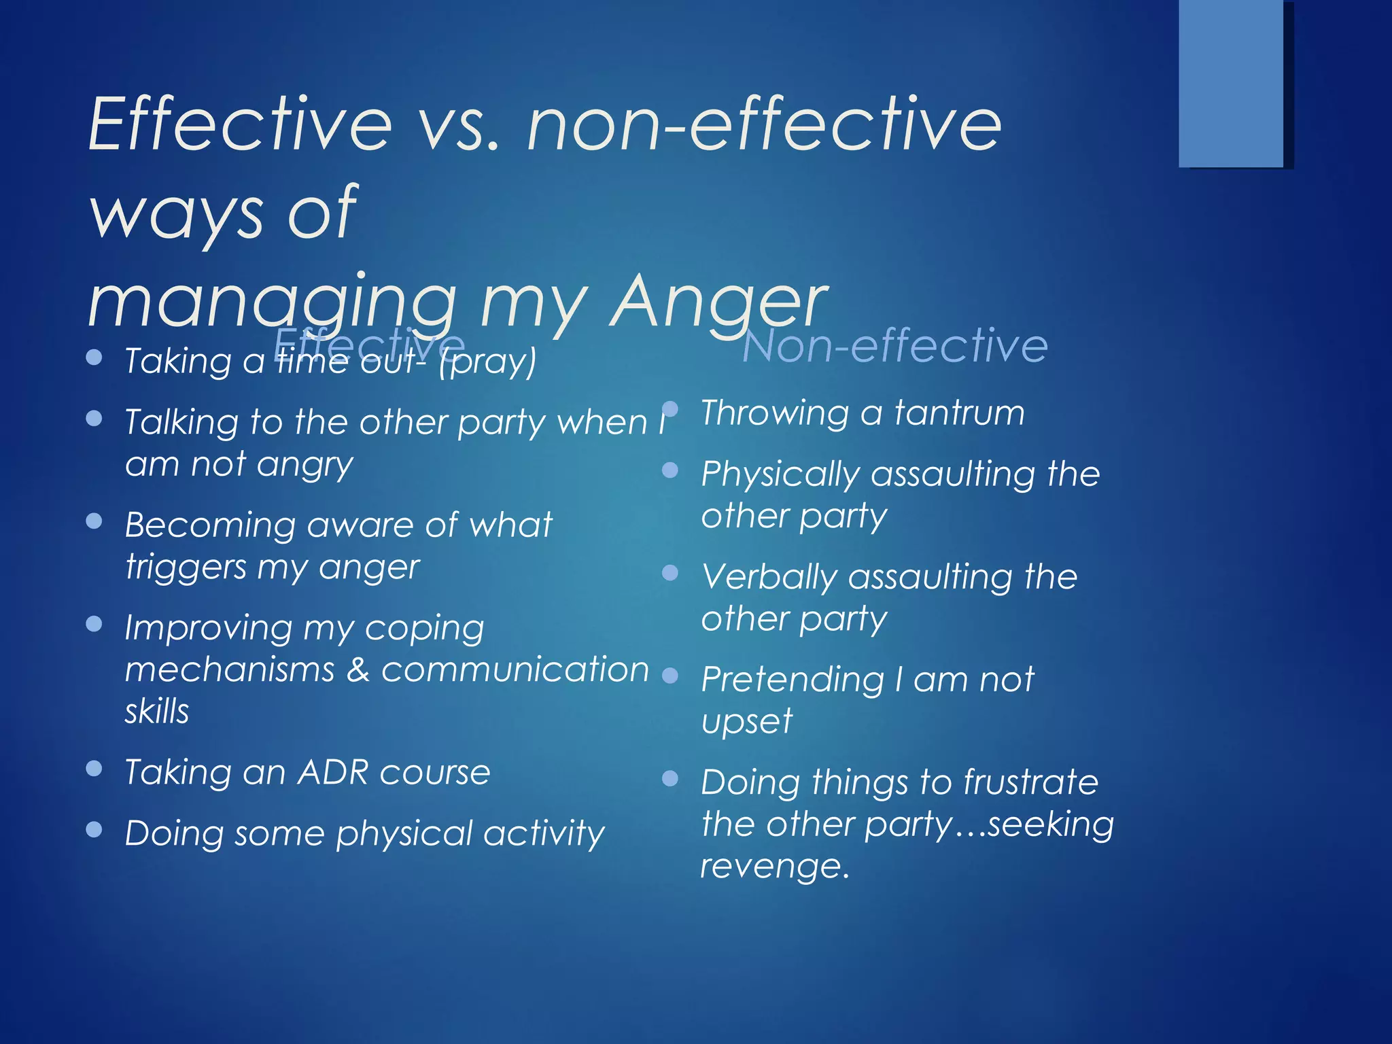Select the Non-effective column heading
point(894,345)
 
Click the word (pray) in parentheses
point(487,362)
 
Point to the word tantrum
point(959,413)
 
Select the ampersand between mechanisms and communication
point(358,669)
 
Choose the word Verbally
point(769,578)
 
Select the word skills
point(156,712)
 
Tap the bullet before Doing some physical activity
point(94,829)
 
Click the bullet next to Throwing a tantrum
point(670,409)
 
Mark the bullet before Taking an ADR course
point(94,769)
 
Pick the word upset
point(746,722)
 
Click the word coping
point(424,629)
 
